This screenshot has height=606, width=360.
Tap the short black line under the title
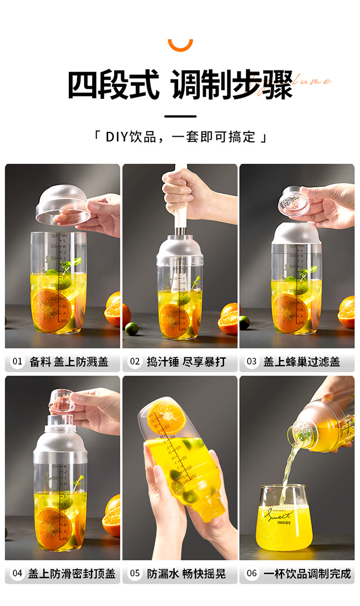(x=180, y=116)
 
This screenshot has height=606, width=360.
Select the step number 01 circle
(x=17, y=362)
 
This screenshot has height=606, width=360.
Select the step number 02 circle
(x=134, y=362)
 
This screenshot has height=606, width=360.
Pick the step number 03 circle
(x=252, y=362)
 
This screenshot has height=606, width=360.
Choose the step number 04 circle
(x=17, y=573)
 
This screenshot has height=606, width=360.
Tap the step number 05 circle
(x=134, y=573)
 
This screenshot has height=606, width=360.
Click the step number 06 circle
(x=252, y=573)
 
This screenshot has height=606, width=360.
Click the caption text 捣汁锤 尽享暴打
(x=186, y=362)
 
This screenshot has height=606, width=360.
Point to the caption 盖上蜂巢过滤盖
(x=301, y=362)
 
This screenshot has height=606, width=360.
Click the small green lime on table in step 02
(x=132, y=329)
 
